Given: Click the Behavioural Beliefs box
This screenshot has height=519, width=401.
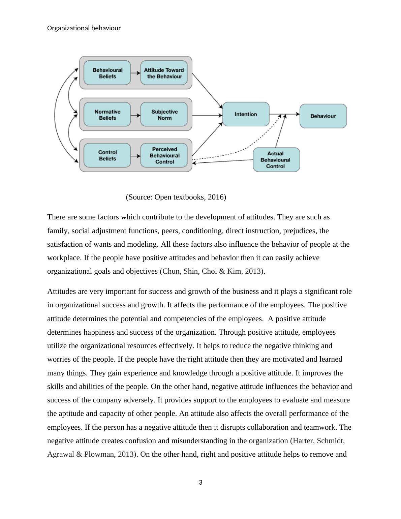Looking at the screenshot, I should coord(107,73).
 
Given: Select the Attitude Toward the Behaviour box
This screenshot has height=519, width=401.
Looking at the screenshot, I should coord(164,73).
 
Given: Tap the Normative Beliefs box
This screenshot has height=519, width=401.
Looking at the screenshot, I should coord(107,115).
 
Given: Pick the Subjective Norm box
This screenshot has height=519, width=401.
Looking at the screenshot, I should coord(164,115).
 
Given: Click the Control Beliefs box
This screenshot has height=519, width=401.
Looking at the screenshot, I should coord(107,155).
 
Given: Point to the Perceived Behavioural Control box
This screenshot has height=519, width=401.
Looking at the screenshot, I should coord(164,155).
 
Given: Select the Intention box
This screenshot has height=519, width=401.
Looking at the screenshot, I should coord(246,114).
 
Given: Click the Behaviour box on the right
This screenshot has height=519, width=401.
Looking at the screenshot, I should coord(323,116).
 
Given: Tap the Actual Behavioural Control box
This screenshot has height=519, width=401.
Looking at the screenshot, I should coord(276,160).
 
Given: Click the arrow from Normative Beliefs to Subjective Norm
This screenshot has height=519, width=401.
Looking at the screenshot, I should coord(135,115).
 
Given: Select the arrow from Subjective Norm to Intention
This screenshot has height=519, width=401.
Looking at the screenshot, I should coord(207,115).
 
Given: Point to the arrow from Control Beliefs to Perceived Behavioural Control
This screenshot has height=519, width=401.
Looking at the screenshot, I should coord(135,156).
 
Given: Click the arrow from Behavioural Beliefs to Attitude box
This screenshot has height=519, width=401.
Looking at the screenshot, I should coord(135,73).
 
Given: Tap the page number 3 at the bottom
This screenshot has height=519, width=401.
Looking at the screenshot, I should coord(201,483).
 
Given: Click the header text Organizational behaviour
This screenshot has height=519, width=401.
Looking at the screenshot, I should coord(84,28).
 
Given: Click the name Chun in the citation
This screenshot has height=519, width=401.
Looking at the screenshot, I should coord(171,271).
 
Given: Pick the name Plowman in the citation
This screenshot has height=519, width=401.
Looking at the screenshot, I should coord(99,454).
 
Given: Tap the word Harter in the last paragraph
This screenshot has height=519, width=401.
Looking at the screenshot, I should coord(303,441).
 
